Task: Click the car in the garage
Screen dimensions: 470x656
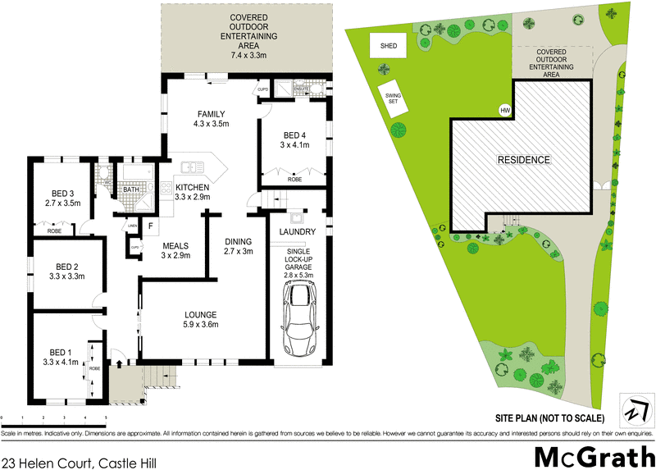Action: (x=299, y=315)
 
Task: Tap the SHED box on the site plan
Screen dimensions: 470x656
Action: (x=388, y=47)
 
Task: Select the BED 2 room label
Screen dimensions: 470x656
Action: (x=65, y=272)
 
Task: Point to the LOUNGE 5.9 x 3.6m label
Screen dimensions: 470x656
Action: (x=200, y=320)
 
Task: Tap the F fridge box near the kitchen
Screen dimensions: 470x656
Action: (x=150, y=226)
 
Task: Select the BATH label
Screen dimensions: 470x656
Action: (x=131, y=189)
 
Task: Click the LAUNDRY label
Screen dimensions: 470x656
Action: (x=298, y=232)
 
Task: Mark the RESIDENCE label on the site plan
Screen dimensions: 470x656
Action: (x=522, y=159)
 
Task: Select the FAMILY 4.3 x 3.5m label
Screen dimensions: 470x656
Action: (x=210, y=119)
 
